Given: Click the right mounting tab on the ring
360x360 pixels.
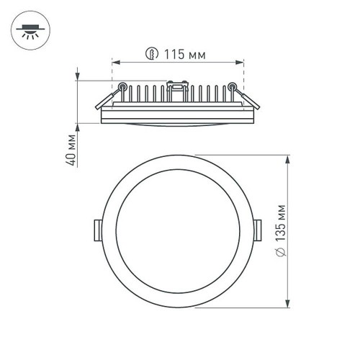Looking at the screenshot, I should [x=258, y=228].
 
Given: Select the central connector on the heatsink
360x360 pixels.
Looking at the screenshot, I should [x=175, y=89].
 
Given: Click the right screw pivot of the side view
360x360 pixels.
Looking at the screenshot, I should [x=231, y=87].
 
